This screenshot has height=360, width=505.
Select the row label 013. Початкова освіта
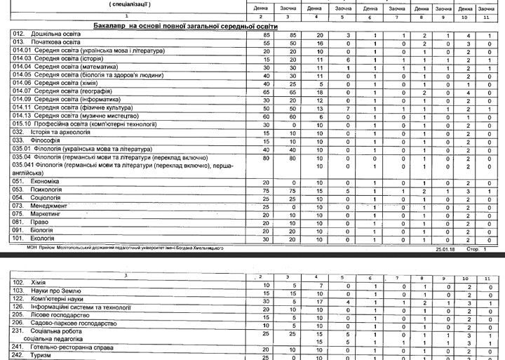point(46,42)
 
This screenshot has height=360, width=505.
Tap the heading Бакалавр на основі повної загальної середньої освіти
point(185,25)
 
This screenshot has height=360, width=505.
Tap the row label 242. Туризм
point(33,356)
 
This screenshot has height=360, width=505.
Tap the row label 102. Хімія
point(29,282)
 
